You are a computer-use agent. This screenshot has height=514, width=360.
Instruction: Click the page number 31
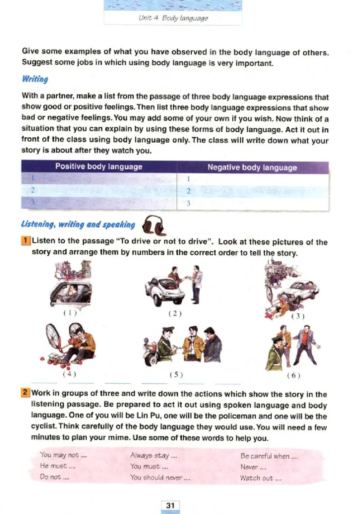[170, 505]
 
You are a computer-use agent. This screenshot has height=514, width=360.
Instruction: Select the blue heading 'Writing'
[35, 79]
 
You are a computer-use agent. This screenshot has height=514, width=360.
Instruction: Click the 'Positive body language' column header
[99, 167]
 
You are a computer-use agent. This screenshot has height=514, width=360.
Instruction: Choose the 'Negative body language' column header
[252, 167]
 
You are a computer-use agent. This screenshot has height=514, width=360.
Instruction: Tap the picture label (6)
[293, 374]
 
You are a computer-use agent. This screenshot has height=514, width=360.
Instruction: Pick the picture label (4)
[69, 374]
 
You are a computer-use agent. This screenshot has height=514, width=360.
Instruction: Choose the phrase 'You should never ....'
[160, 478]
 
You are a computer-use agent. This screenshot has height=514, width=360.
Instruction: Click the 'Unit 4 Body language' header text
[173, 18]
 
